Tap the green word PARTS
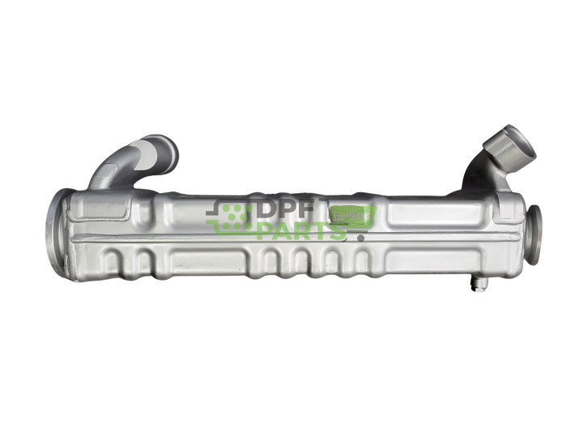pyautogui.click(x=300, y=232)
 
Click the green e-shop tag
pyautogui.click(x=354, y=217)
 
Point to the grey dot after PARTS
pyautogui.click(x=360, y=238)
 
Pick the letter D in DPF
pyautogui.click(x=267, y=213)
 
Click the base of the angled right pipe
pyautogui.click(x=478, y=185)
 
